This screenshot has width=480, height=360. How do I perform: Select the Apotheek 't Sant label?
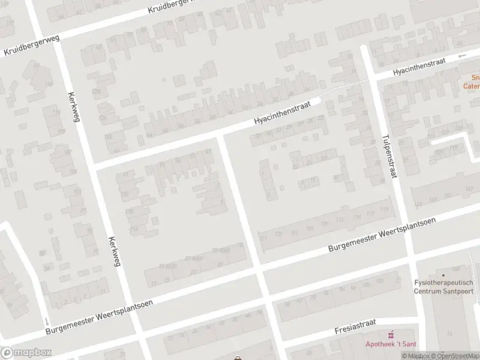pos(391,344)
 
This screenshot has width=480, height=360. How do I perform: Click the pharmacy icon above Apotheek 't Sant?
pos(391,333)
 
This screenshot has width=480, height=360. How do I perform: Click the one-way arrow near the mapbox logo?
pos(47,322)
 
